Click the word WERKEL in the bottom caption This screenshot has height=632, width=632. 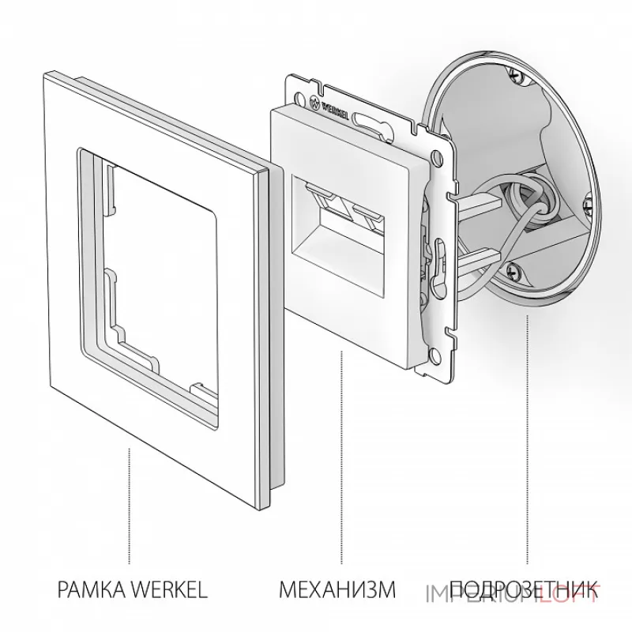coord(170,589)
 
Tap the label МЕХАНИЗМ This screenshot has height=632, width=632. coord(336,589)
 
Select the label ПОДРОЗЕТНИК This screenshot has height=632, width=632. coord(521,589)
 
